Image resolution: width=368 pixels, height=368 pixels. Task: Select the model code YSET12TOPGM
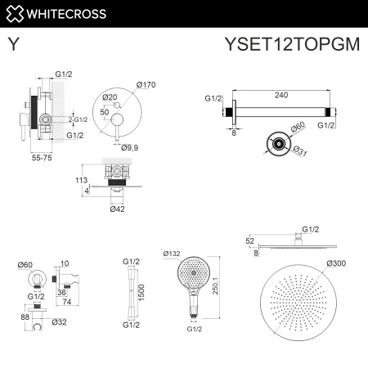[x=292, y=46]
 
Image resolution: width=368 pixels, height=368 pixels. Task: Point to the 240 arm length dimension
[x=281, y=95]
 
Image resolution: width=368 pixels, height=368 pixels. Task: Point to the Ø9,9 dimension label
[x=130, y=147]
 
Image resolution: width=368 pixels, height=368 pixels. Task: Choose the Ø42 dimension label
[x=118, y=209]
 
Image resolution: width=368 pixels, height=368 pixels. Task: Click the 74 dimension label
[x=66, y=302]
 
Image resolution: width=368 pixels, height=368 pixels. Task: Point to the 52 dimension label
[x=249, y=240]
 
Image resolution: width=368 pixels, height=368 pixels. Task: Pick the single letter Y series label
[x=13, y=46]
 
